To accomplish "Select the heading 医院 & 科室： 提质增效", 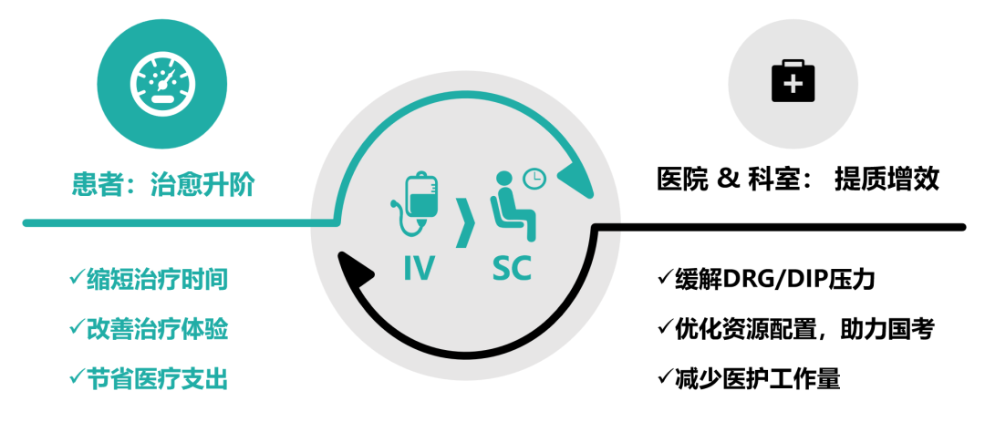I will tap(797, 180).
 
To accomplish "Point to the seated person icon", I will tap(507, 202).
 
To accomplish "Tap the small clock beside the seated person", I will tap(534, 179).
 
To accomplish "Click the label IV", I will tap(419, 268).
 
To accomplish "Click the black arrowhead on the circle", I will tap(358, 266).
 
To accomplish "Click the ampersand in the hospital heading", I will tap(728, 180).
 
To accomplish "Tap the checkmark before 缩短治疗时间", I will tap(77, 278).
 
